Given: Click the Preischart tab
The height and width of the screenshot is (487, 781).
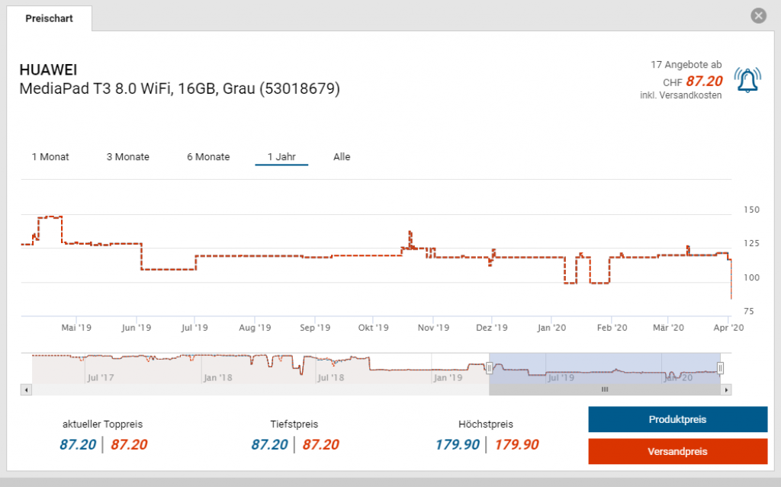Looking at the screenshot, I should (x=49, y=18).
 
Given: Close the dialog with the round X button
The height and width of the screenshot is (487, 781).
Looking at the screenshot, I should (x=757, y=15).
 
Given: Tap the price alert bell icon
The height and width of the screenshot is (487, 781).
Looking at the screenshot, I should (x=747, y=80).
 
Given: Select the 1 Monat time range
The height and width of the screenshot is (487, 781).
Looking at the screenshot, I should (x=50, y=157).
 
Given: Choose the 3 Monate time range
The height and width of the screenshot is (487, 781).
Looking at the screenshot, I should (x=127, y=157).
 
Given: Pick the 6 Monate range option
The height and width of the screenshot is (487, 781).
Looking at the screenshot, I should (x=208, y=157).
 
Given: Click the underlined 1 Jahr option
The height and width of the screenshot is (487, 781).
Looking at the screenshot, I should (x=281, y=157).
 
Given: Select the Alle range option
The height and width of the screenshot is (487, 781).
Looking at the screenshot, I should (x=342, y=157).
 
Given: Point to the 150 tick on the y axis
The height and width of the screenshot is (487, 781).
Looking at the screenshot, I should (x=751, y=210).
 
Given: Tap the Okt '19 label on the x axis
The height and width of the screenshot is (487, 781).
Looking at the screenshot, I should (x=373, y=328).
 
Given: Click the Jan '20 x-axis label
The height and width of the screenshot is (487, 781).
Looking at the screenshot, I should (x=551, y=328).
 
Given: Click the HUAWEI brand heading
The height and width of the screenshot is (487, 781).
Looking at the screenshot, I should (x=48, y=70).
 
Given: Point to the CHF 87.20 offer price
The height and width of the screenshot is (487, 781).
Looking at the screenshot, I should (x=693, y=81).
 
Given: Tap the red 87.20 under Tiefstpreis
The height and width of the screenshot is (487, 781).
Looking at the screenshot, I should (x=321, y=445).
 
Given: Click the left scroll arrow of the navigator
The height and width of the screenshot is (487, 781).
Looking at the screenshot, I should (x=27, y=389).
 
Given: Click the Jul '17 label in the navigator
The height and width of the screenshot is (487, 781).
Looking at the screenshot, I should (x=101, y=377).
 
